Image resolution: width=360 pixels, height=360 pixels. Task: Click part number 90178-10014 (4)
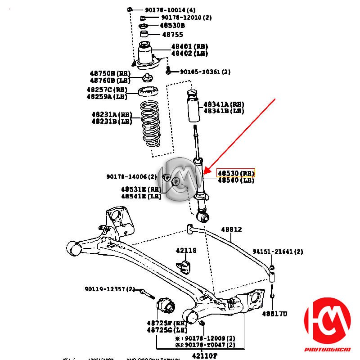[x=164, y=10]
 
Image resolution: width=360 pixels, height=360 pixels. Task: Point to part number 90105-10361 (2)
[x=205, y=72]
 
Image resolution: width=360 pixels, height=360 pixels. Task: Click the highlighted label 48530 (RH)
[x=236, y=173]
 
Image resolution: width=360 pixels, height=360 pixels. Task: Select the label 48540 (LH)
[x=236, y=180]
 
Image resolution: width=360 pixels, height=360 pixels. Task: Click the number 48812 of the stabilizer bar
[x=231, y=229]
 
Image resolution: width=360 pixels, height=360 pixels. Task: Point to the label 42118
[x=186, y=251]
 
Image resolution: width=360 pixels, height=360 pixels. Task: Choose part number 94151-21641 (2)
[x=278, y=252]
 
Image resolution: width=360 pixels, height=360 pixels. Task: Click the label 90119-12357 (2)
[x=110, y=289]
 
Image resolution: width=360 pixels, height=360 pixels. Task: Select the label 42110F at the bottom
[x=201, y=355]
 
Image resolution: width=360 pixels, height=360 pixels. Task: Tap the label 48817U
[x=274, y=314]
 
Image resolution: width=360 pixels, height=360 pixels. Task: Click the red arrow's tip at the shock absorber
[x=205, y=173]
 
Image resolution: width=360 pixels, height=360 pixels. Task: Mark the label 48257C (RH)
[x=107, y=90]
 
